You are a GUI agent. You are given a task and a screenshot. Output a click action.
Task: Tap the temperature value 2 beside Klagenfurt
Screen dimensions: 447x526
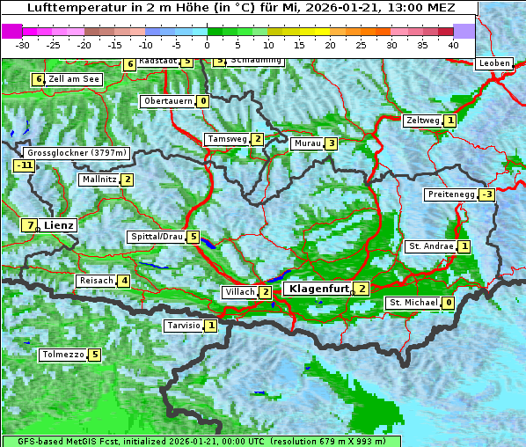362,289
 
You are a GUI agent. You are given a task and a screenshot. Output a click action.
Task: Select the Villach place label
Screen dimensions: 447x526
240,292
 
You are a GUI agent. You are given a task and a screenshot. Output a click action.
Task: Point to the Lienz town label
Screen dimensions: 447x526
59,225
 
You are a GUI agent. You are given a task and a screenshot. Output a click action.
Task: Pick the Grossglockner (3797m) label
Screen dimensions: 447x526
77,152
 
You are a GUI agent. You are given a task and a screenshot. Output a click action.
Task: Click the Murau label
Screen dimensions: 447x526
307,143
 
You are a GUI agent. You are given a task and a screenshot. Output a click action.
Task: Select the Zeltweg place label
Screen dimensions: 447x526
423,121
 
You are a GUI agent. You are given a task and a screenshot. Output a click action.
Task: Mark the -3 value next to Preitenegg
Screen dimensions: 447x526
486,194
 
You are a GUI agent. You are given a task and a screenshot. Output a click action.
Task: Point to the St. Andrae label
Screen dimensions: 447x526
430,246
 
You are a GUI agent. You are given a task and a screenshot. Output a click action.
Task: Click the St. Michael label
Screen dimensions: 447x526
413,303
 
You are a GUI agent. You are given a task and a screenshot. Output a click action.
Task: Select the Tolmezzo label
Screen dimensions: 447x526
62,355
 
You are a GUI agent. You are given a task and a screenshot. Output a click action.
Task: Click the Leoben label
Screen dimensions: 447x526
493,63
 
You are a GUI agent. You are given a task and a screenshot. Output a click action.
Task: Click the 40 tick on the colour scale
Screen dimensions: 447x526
453,44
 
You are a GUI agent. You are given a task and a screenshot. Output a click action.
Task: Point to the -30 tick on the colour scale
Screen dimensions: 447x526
23,44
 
